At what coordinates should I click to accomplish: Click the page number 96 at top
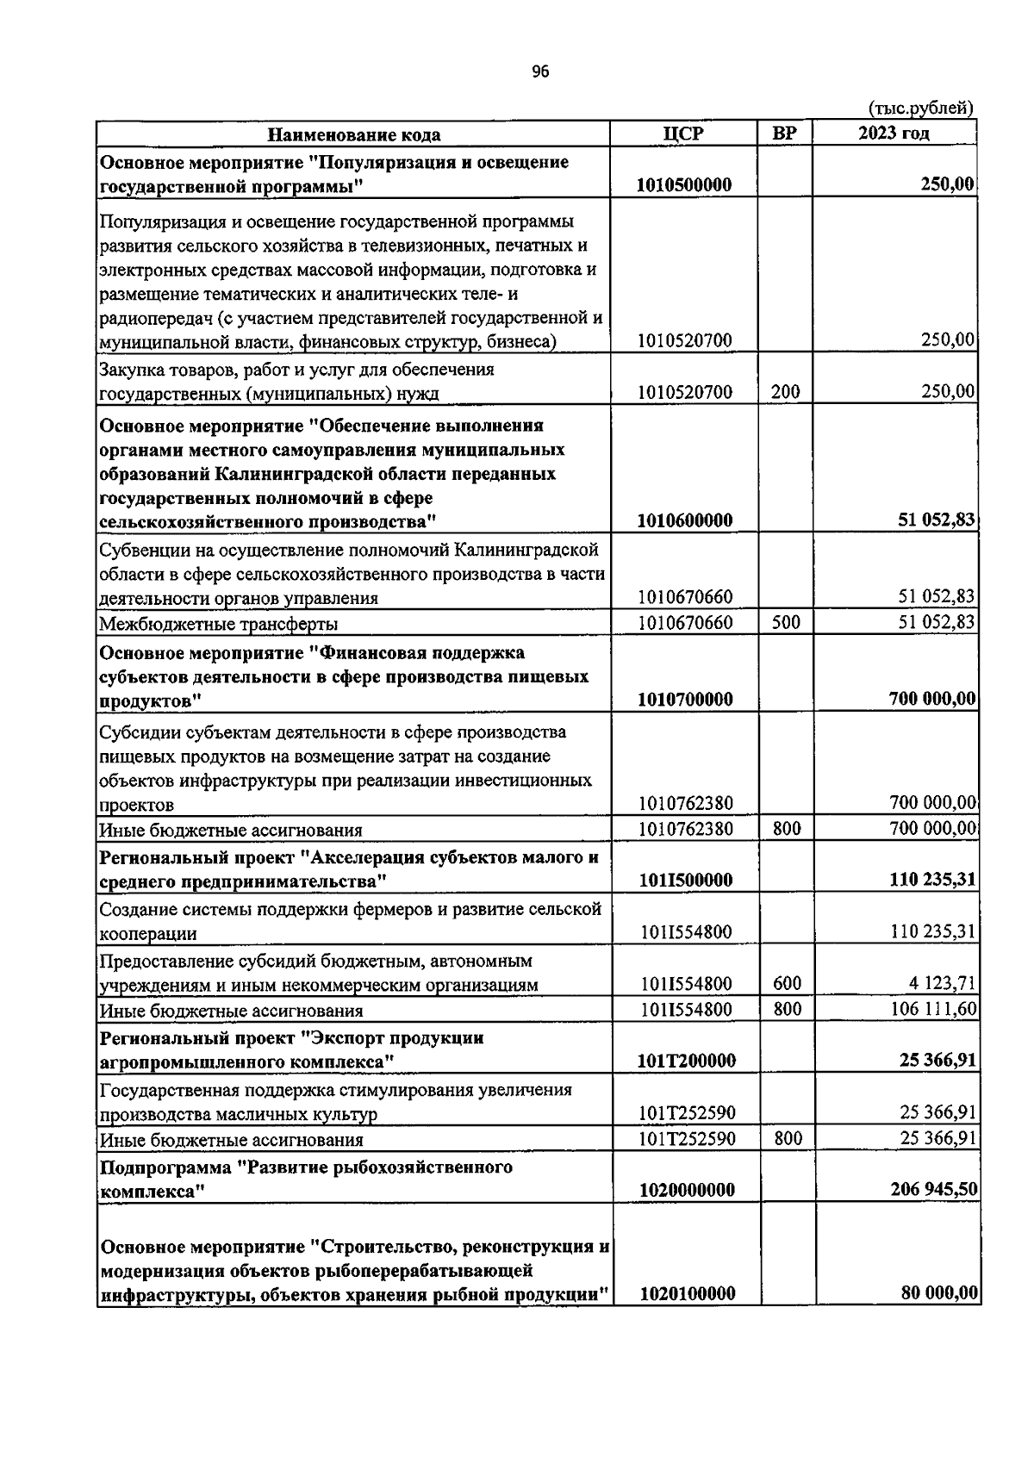pos(540,72)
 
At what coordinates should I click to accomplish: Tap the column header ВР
pos(784,134)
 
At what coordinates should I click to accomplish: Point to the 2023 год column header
pos(894,134)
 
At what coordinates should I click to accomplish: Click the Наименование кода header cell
pos(353,135)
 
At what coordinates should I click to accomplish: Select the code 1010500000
pos(685,185)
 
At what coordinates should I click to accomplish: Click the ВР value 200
pos(785,392)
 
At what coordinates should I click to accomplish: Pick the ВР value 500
pos(786,622)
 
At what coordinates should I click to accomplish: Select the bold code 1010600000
pos(685,520)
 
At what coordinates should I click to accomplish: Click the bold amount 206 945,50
pos(931,1190)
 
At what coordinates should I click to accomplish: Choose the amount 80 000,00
pos(935,1293)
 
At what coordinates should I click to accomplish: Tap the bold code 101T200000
pos(687,1061)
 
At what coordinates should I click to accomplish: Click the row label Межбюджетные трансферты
pos(219,624)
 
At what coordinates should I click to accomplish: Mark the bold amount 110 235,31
pos(931,880)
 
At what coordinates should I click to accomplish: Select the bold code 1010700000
pos(685,700)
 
